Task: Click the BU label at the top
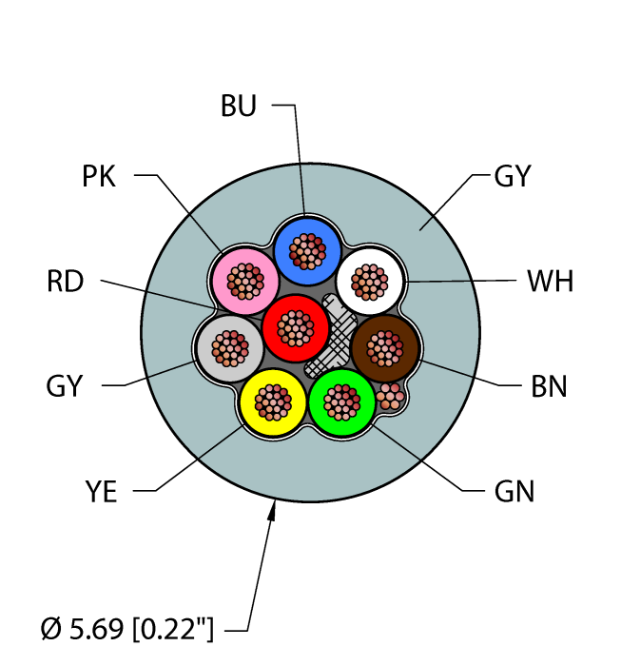[239, 106]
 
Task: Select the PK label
[99, 176]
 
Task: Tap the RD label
[65, 282]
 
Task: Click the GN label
[514, 492]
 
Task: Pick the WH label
[550, 282]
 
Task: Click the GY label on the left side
[65, 386]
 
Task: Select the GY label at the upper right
[513, 176]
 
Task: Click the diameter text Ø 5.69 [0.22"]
[128, 629]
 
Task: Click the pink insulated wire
[245, 281]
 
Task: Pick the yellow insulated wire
[273, 403]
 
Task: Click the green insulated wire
[342, 402]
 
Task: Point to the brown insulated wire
[385, 349]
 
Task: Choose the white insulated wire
[371, 281]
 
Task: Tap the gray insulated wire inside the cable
[229, 349]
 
